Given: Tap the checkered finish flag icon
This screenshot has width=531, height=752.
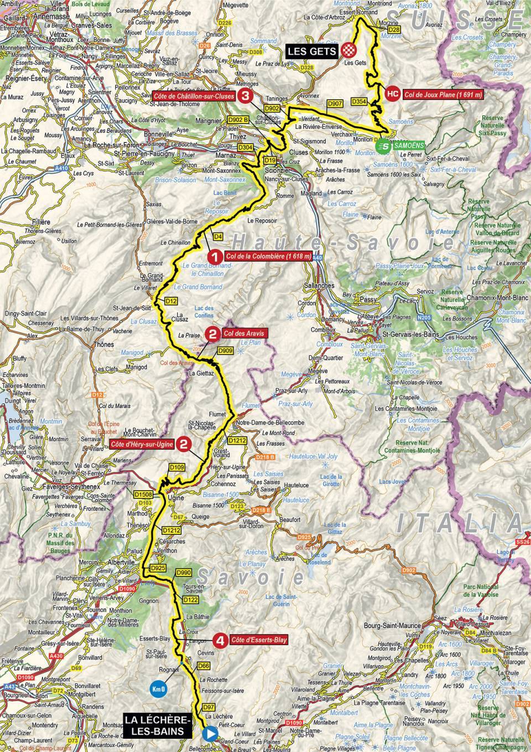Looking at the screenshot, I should (x=348, y=50).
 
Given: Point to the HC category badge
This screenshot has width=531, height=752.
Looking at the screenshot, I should (x=392, y=94).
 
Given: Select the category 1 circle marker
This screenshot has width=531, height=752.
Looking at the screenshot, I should (x=214, y=257).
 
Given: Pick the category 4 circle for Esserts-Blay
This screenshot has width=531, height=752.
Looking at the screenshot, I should (x=221, y=641).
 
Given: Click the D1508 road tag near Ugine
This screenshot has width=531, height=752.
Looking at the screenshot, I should (x=142, y=495).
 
